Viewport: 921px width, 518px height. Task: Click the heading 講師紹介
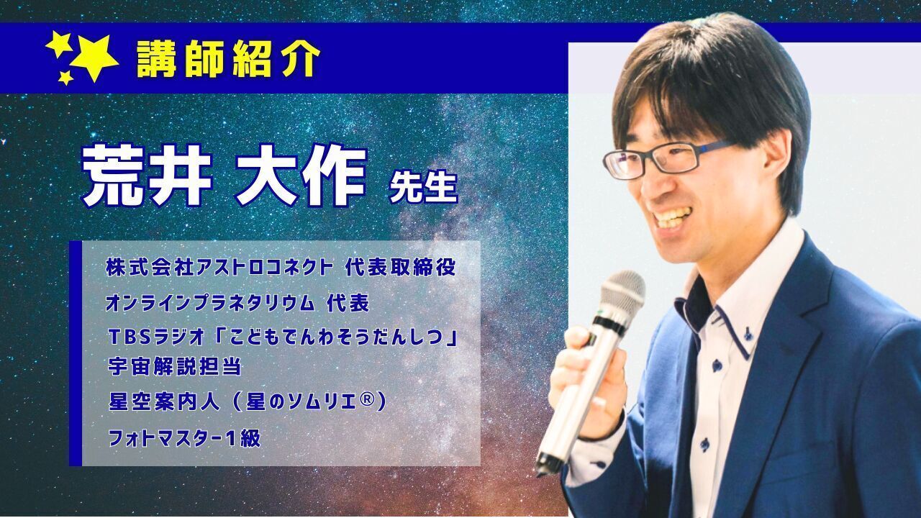(228, 59)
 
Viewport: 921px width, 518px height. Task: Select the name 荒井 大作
(224, 176)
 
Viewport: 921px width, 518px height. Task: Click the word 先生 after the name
(423, 188)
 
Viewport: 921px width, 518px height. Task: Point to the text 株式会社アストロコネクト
(219, 267)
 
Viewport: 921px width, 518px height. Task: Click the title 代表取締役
(401, 267)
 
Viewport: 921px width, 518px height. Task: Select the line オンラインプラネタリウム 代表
(237, 304)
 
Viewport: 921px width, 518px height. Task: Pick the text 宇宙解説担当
(174, 366)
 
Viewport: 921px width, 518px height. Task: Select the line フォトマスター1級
(184, 438)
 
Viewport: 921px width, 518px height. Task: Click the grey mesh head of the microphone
(622, 293)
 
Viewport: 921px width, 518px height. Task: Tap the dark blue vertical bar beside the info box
(76, 353)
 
